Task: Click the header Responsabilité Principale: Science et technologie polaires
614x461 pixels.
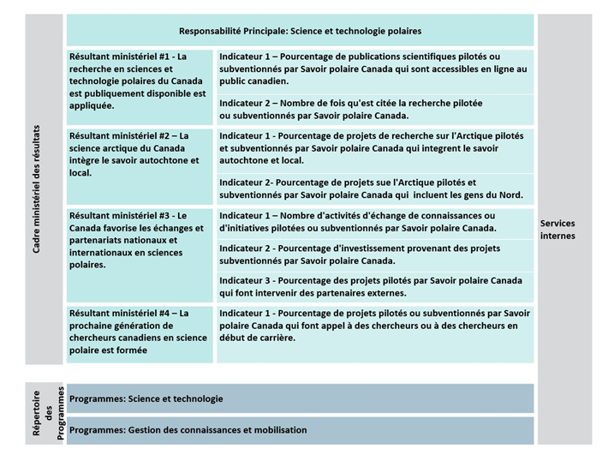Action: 300,30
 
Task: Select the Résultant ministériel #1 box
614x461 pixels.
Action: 140,81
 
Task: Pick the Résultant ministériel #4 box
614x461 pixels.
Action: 140,332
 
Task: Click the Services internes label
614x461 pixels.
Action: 558,229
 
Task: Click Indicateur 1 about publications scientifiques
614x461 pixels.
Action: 374,69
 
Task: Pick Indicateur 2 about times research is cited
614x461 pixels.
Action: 374,109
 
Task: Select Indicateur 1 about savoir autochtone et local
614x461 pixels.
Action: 374,147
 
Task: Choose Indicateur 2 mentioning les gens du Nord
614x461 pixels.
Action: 374,189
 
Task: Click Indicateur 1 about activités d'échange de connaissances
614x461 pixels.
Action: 374,222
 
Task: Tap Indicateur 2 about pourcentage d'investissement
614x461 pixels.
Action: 374,254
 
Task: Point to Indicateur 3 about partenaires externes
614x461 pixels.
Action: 374,286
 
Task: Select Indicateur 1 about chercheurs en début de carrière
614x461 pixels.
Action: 374,326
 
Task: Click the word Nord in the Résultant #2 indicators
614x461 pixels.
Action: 510,195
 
